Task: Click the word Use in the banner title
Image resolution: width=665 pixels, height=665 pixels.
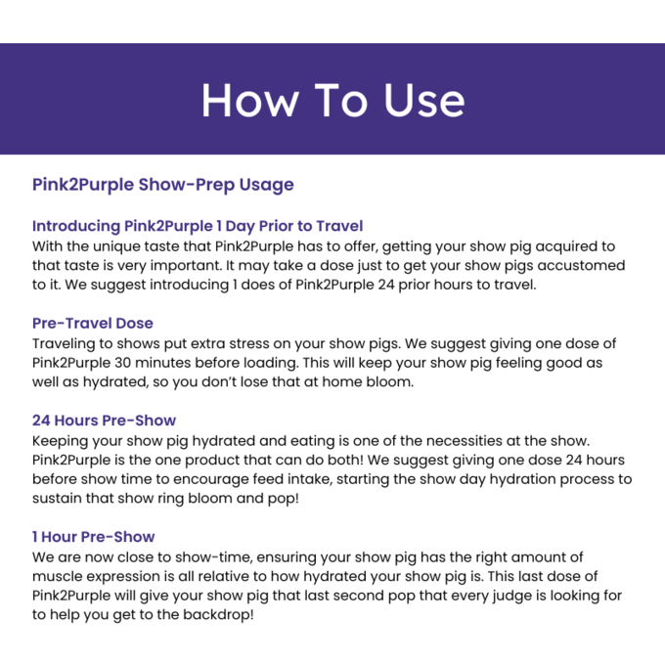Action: (424, 100)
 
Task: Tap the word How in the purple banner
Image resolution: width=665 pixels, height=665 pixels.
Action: (249, 100)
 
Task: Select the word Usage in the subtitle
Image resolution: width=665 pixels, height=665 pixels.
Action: (266, 185)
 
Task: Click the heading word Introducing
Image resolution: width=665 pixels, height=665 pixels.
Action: (76, 226)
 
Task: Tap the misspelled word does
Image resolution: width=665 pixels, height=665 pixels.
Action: (257, 285)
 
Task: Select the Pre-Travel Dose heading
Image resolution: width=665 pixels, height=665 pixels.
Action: (93, 323)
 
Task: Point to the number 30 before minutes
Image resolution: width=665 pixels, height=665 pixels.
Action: (122, 363)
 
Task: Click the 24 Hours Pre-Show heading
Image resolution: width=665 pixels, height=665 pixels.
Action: (104, 421)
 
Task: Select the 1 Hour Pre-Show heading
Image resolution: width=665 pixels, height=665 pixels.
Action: (93, 537)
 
